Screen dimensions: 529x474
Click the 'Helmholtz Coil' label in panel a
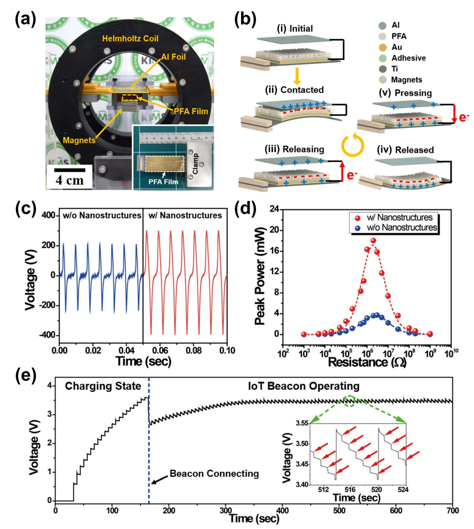pyautogui.click(x=130, y=39)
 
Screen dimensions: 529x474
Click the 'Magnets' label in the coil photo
pyautogui.click(x=79, y=140)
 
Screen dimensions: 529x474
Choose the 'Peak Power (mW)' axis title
pyautogui.click(x=260, y=276)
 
